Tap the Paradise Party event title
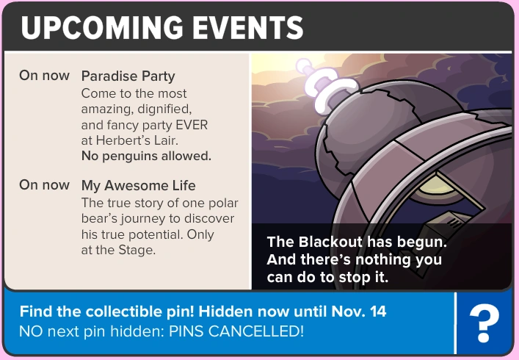pos(128,76)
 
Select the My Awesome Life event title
pos(138,185)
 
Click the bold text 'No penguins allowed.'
pos(146,155)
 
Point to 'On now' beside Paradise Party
pos(45,76)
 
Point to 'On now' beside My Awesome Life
pos(45,185)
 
